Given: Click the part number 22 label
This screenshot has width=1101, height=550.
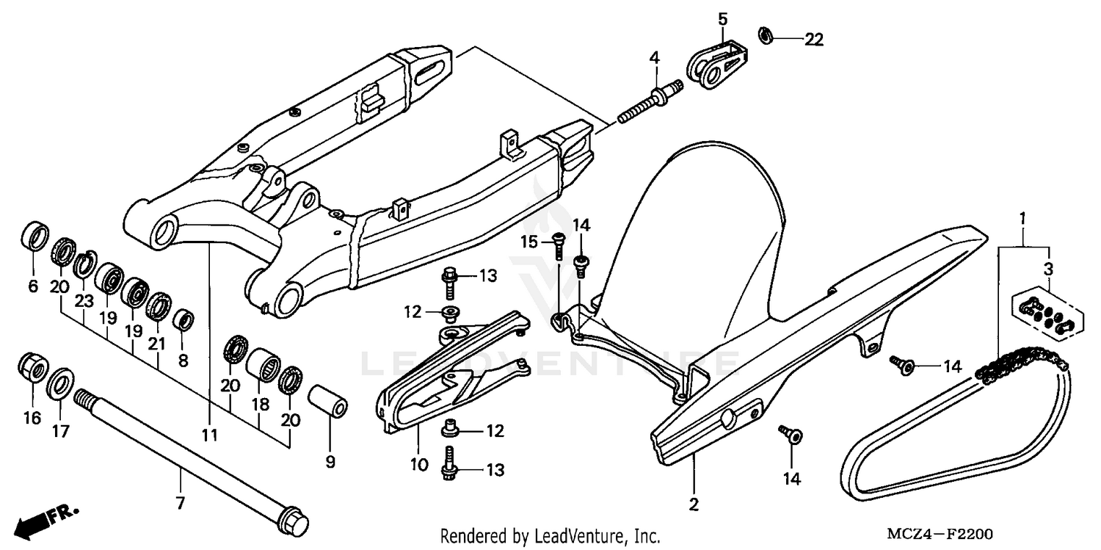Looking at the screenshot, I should point(813,40).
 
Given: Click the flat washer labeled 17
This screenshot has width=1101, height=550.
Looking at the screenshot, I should point(60,382).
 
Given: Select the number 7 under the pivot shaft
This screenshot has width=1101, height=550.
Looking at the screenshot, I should point(180,503).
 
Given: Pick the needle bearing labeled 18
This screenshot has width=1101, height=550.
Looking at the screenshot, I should point(264,363).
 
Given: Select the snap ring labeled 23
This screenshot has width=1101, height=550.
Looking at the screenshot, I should point(84,263).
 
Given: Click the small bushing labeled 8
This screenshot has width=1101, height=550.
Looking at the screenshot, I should point(183,320).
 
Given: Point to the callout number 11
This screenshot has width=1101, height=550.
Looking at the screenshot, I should point(210,435).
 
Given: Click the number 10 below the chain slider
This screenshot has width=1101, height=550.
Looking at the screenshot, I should point(419,464).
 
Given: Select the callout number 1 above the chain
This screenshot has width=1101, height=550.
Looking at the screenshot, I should point(1020,219).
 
